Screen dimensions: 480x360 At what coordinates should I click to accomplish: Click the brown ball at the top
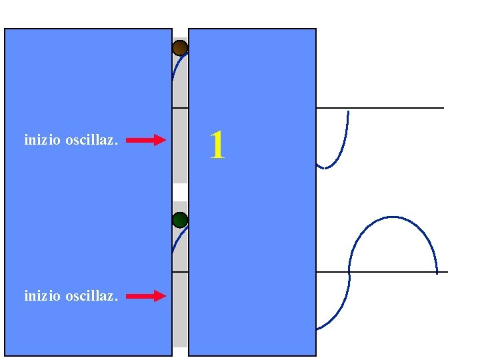pos(180,48)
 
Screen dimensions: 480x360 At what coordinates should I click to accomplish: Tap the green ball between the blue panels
pos(180,220)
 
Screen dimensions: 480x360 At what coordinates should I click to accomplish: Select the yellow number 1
pos(217,145)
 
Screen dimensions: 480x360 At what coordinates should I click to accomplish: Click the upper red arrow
pos(145,140)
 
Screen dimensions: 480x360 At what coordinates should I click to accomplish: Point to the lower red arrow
pos(145,296)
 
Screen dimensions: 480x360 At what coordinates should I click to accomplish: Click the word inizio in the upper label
pos(42,141)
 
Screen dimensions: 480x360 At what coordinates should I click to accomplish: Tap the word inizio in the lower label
pos(42,296)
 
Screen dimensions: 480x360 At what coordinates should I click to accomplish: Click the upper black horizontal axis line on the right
pos(400,108)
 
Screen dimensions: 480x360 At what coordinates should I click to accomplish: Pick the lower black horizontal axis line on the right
pos(400,272)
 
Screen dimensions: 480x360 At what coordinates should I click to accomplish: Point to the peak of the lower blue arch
pos(393,217)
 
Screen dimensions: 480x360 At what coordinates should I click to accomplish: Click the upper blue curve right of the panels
pos(343,143)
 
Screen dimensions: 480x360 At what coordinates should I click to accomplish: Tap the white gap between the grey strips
pos(180,192)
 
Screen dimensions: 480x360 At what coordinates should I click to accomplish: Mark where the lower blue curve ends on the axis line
pos(437,272)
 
